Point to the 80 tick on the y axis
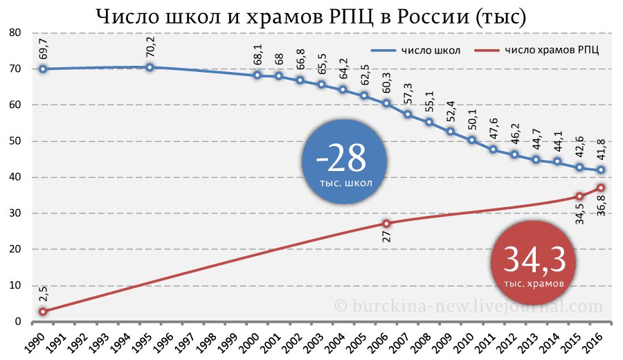[15, 33]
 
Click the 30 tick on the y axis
[15, 213]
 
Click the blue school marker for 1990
[43, 69]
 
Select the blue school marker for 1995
[150, 67]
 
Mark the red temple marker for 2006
[386, 223]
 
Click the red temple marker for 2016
[601, 188]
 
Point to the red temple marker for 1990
[43, 312]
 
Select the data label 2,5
[43, 294]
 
